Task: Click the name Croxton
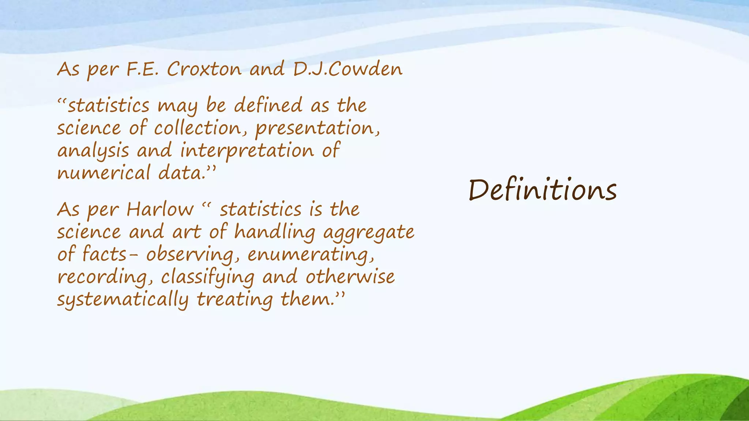tap(204, 69)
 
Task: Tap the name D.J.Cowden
tap(347, 69)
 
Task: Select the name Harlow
tap(160, 210)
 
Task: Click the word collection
tap(198, 128)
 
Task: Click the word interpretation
tap(247, 151)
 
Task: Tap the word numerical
tap(103, 173)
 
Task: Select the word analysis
tap(93, 151)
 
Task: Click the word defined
tap(268, 106)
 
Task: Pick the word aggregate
tap(369, 232)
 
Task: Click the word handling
tap(274, 232)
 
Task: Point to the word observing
tap(189, 255)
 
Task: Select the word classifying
tap(207, 277)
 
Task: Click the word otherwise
tap(350, 277)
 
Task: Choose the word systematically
tap(123, 300)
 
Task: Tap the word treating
tap(234, 300)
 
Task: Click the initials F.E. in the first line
tap(142, 69)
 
